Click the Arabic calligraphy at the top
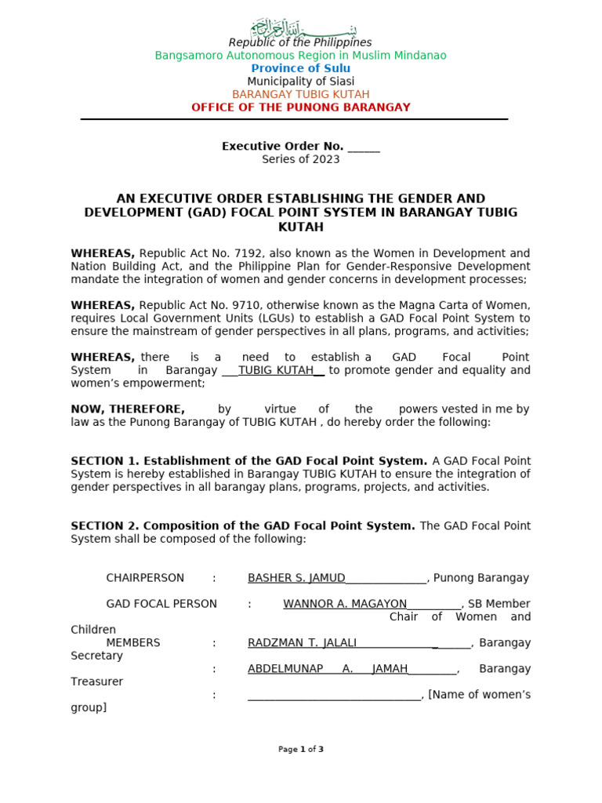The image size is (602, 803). (x=300, y=29)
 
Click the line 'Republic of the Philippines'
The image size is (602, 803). (x=300, y=42)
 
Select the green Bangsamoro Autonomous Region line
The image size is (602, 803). (x=300, y=56)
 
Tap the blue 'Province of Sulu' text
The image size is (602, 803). (x=300, y=68)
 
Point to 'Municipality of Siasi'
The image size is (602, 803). (x=300, y=82)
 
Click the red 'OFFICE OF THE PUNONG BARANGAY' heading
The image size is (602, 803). (x=300, y=107)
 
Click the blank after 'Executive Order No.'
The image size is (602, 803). (x=364, y=147)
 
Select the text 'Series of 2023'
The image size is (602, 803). (x=300, y=159)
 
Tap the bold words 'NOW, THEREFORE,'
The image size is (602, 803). (x=128, y=409)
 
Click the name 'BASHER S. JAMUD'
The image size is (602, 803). (x=296, y=578)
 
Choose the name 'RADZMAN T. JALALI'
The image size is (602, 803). (x=302, y=643)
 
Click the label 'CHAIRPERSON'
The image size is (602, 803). (x=145, y=578)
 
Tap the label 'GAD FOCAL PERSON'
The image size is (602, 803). (x=161, y=604)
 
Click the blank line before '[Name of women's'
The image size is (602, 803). (x=335, y=695)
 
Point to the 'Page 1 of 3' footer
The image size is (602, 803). (x=300, y=750)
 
